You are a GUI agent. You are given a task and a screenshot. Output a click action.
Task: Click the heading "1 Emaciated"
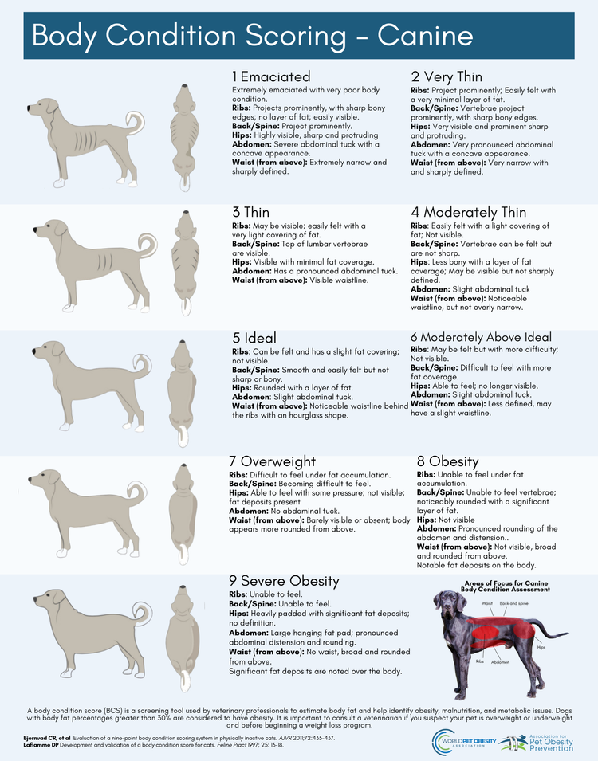pos(271,77)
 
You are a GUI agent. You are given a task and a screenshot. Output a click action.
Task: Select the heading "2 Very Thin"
pos(447,77)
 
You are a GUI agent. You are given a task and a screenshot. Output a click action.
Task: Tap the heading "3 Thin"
pos(250,213)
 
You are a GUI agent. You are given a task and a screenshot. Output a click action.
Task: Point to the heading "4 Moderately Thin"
pos(469,213)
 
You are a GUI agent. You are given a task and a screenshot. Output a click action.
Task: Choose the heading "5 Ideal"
pos(256,336)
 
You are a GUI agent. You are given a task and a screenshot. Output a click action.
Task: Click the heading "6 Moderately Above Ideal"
pos(481,337)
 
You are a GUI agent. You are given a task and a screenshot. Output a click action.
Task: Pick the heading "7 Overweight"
pos(273,461)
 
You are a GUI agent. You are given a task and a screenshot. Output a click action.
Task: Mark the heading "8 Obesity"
pos(447,461)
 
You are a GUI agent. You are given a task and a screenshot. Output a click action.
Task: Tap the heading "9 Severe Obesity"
pos(284,581)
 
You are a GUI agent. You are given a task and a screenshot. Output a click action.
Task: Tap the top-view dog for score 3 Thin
pos(184,259)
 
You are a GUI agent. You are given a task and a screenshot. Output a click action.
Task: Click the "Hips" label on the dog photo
pos(541,648)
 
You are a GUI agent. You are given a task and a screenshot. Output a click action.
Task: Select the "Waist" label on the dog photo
pos(487,604)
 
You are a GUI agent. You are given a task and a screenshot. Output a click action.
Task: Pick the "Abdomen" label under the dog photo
pos(500,662)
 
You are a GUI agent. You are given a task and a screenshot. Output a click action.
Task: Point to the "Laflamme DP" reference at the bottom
pos(45,745)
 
